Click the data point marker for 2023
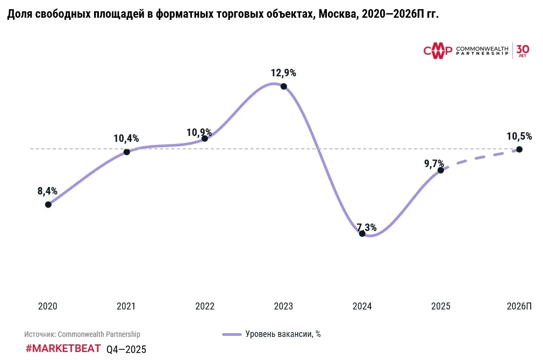tap(283, 87)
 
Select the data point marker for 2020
tap(48, 204)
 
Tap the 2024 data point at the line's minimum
tap(362, 233)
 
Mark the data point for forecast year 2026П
tap(519, 149)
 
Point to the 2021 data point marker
tap(127, 152)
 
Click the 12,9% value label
tap(283, 73)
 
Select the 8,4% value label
tap(47, 191)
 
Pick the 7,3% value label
tap(366, 227)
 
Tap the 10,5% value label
tap(519, 136)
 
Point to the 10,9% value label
tap(199, 132)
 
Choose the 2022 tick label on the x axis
tap(205, 306)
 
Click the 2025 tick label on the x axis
tap(441, 306)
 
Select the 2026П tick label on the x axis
tap(519, 306)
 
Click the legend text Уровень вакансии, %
tap(283, 334)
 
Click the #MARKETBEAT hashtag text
tap(63, 348)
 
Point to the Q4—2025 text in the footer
tap(126, 349)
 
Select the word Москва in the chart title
tap(336, 15)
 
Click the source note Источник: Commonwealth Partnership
tap(82, 334)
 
